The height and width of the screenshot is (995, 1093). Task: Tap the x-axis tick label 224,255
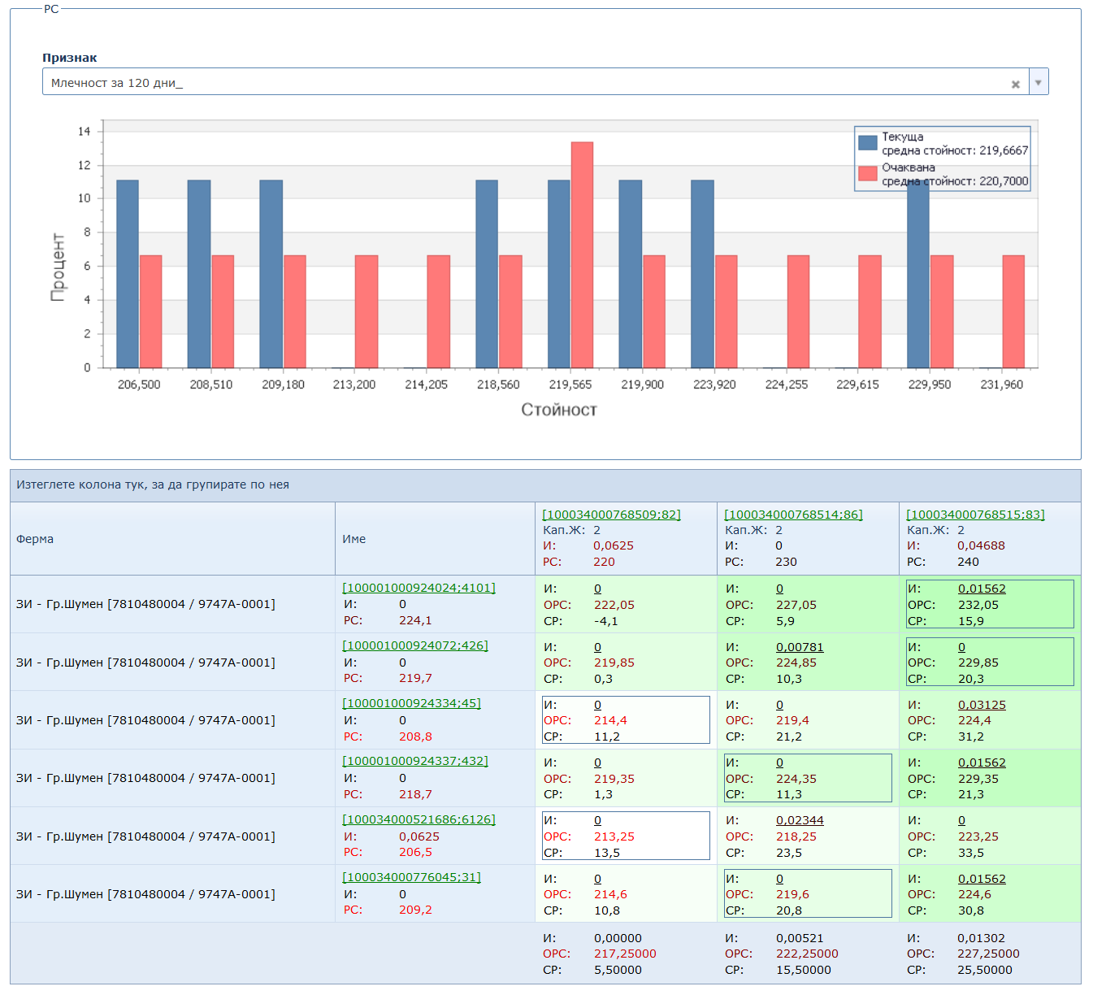pos(786,385)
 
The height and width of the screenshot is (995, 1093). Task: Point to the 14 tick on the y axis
pos(85,132)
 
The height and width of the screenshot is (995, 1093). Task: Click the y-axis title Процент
pos(58,267)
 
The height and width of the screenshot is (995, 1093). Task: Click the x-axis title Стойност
pos(559,410)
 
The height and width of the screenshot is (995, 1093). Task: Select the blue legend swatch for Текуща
pos(868,143)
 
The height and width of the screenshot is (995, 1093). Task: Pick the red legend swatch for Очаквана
pos(868,173)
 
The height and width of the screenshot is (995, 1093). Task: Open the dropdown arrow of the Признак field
pos(1039,82)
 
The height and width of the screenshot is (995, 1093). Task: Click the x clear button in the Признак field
pos(1015,84)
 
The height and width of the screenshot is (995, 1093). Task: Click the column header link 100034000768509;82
pos(611,515)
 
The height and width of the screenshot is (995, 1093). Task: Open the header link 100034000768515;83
pos(975,515)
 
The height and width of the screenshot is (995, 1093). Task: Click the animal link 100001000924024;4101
pos(419,588)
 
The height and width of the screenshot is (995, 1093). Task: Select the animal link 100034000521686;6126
pos(419,819)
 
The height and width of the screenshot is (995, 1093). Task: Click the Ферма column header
pos(35,539)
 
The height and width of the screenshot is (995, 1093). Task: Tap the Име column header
pos(353,539)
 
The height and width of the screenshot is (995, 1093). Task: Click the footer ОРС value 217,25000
pos(624,954)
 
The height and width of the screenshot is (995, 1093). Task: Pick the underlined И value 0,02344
pos(800,820)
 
